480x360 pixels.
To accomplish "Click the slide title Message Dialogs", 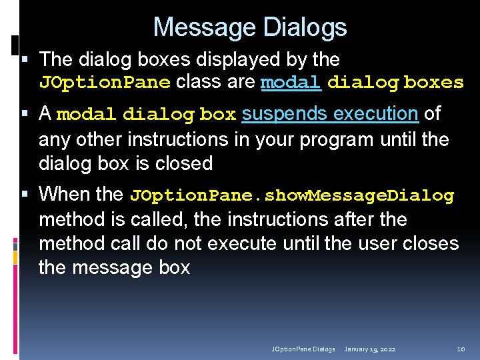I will tap(250, 27).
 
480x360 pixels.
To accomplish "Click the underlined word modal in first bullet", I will tap(291, 83).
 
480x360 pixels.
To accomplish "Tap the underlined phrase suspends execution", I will tap(329, 114).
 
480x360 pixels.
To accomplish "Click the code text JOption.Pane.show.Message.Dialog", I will tap(292, 196).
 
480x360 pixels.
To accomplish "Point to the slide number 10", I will tap(461, 349).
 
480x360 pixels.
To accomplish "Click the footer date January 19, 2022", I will tap(370, 349).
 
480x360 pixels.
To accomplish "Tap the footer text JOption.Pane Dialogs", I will tap(303, 349).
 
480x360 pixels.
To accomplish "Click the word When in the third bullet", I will tap(59, 195).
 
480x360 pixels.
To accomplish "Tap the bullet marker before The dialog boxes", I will tap(25, 60).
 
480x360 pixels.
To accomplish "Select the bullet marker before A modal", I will tap(25, 115).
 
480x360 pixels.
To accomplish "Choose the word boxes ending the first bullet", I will tap(434, 83).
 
